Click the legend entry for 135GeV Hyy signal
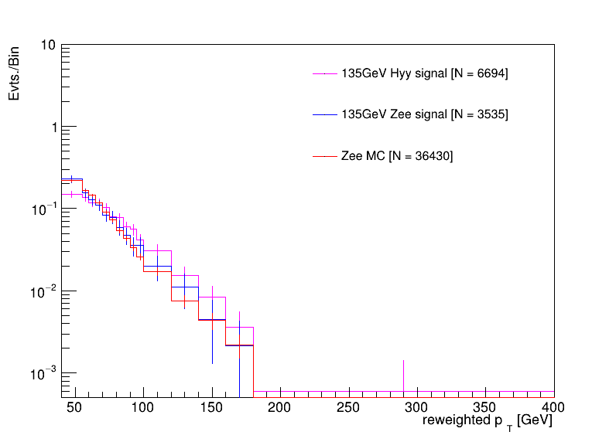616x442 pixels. pyautogui.click(x=424, y=73)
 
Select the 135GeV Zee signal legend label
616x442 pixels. pyautogui.click(x=424, y=114)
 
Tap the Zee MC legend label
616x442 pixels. pyautogui.click(x=397, y=156)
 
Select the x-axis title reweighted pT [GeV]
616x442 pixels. pyautogui.click(x=487, y=421)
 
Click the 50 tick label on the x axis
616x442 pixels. pyautogui.click(x=75, y=407)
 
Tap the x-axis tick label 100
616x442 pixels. pyautogui.click(x=143, y=407)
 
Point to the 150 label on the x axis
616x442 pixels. pyautogui.click(x=212, y=407)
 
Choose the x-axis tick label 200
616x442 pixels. pyautogui.click(x=280, y=407)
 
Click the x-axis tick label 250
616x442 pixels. pyautogui.click(x=349, y=407)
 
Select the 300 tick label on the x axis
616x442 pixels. pyautogui.click(x=417, y=407)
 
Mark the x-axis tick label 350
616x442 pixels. pyautogui.click(x=485, y=407)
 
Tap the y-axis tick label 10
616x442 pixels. pyautogui.click(x=47, y=46)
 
